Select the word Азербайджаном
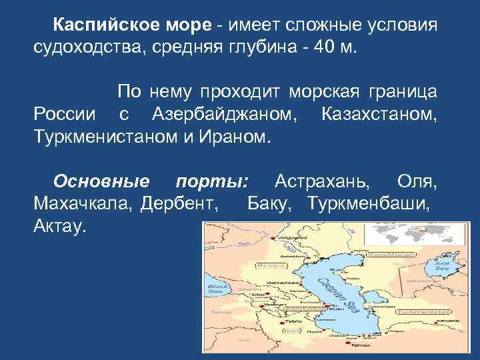[225, 114]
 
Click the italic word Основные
[101, 181]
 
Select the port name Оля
[417, 181]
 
